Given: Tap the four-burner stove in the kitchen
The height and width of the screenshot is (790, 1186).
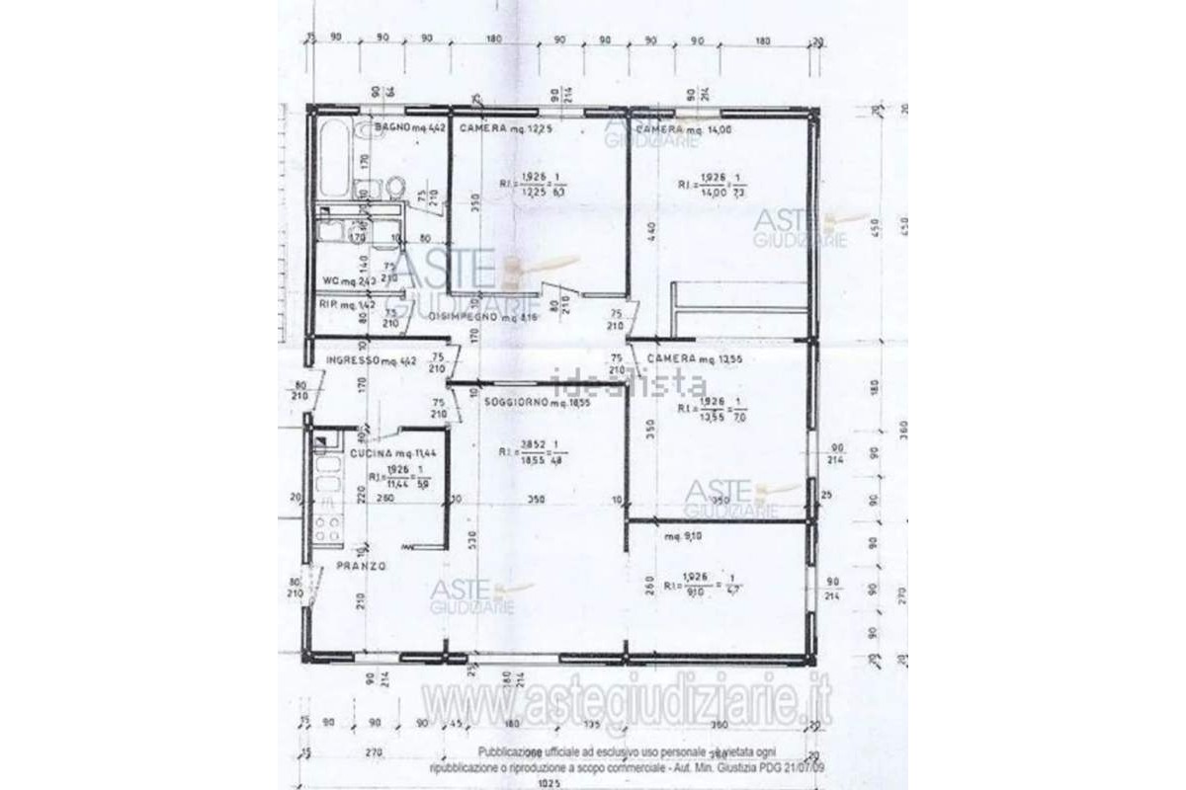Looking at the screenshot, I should click(x=328, y=527).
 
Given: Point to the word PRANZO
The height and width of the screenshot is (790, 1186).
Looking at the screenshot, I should click(x=361, y=566).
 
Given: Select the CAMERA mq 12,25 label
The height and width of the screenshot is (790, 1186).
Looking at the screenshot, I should click(x=504, y=128).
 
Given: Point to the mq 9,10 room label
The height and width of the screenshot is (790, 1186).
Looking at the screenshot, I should click(x=683, y=537).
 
